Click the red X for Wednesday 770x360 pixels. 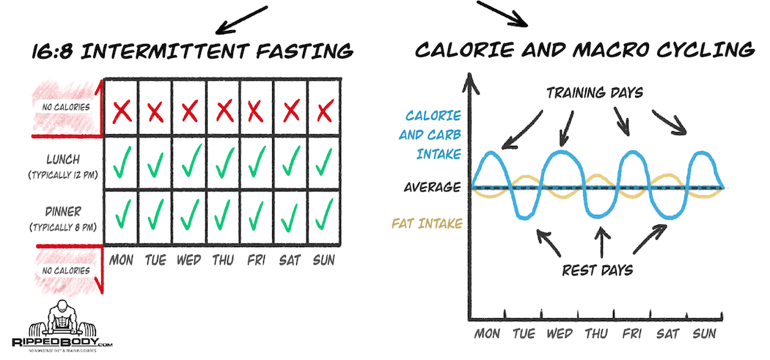(190, 111)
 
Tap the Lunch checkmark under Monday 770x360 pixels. (122, 163)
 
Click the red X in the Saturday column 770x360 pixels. (290, 111)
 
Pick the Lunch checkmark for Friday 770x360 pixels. (257, 163)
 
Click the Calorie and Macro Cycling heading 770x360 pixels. (584, 51)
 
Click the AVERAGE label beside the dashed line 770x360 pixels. (432, 187)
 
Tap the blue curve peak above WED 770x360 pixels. (560, 152)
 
